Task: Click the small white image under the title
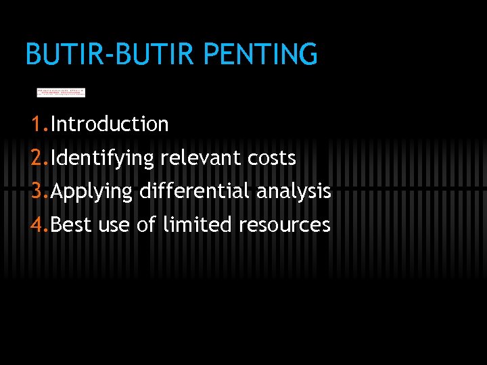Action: pos(61,92)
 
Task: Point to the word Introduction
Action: pos(110,124)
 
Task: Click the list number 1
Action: pos(37,124)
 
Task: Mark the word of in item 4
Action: pos(146,224)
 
